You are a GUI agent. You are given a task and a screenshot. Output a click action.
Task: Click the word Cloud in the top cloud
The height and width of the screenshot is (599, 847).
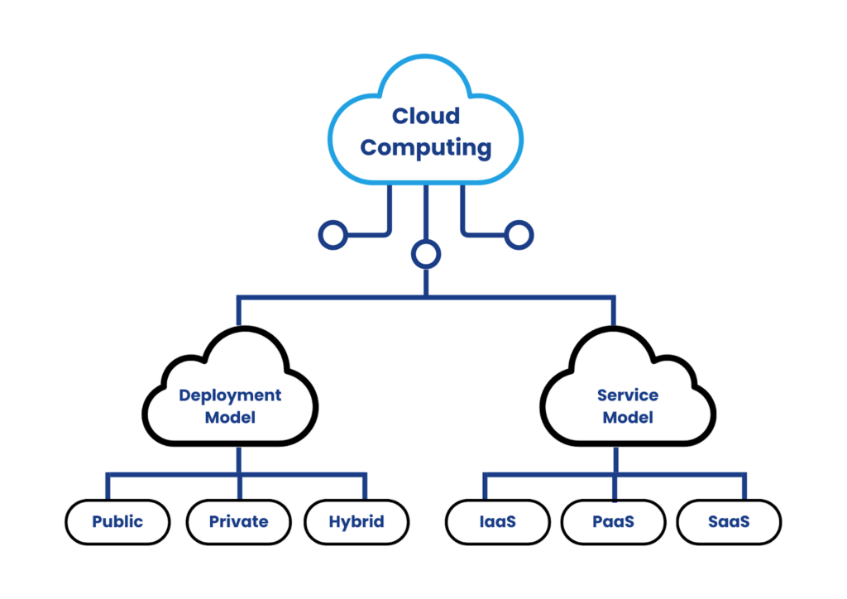pyautogui.click(x=425, y=117)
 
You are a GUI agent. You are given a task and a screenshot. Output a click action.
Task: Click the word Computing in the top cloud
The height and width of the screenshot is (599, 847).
pyautogui.click(x=425, y=148)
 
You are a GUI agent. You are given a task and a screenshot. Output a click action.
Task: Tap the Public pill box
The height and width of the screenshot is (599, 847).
pyautogui.click(x=117, y=522)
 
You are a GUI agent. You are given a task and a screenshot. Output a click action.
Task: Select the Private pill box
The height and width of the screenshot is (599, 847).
pyautogui.click(x=238, y=522)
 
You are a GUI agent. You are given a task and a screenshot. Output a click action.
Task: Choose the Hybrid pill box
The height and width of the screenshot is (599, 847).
pyautogui.click(x=357, y=522)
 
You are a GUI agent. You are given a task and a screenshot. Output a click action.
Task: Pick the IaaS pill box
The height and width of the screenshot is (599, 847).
pyautogui.click(x=498, y=522)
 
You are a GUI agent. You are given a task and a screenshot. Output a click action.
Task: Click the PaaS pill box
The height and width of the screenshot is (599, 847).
pyautogui.click(x=614, y=522)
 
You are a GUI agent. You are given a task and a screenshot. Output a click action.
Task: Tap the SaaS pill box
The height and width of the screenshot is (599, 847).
pyautogui.click(x=729, y=522)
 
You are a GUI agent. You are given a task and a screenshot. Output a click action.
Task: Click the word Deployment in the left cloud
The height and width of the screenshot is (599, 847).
pyautogui.click(x=230, y=395)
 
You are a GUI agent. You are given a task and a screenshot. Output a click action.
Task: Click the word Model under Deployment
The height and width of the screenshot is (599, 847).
pyautogui.click(x=230, y=418)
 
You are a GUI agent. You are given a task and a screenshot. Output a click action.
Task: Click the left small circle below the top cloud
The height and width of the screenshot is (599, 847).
pyautogui.click(x=333, y=235)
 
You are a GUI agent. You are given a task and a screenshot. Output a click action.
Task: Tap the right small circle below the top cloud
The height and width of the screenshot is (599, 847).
pyautogui.click(x=519, y=235)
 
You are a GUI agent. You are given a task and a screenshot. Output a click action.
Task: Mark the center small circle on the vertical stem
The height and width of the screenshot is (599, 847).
pyautogui.click(x=426, y=254)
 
